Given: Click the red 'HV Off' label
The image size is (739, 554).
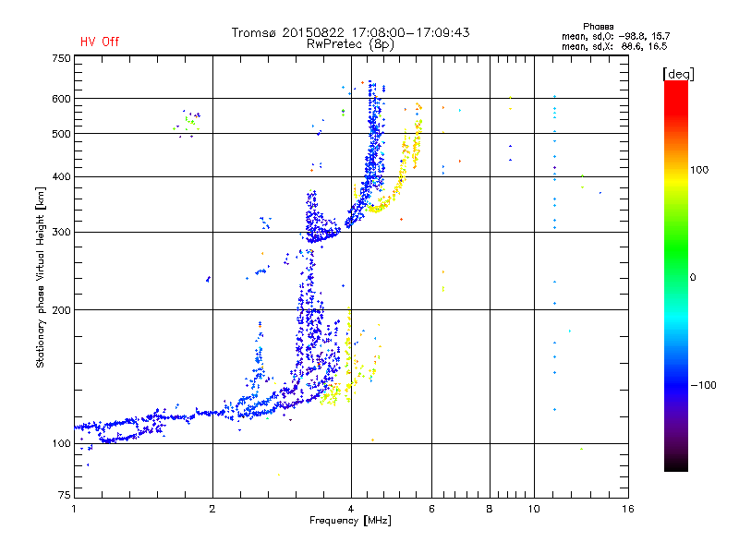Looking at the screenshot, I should tap(99, 42).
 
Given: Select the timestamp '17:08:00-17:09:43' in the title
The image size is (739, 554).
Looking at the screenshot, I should tap(413, 32).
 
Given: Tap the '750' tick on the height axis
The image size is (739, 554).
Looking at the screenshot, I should tap(61, 57).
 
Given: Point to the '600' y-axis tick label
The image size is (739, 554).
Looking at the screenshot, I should tap(61, 98).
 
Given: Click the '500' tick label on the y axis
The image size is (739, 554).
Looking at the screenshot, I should tap(61, 133).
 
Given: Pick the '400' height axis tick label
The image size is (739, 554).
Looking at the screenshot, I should tap(61, 176).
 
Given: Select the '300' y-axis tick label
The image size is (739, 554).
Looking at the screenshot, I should tap(61, 232).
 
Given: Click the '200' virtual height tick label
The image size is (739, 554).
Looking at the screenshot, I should tap(61, 309).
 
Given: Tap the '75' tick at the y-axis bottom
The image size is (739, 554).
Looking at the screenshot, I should tap(64, 499).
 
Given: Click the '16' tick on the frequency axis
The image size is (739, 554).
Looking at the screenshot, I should tap(627, 509).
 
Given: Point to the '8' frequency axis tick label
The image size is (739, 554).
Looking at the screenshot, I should tap(490, 509).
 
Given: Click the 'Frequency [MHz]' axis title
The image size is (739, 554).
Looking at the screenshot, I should tap(350, 521).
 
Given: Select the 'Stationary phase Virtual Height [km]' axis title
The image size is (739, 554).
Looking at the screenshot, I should tap(41, 278).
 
